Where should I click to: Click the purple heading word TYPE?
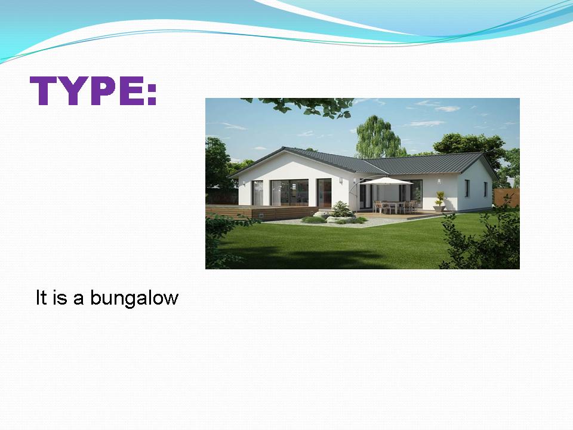[93, 91]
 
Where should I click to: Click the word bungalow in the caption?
[134, 298]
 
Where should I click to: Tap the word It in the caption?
[41, 297]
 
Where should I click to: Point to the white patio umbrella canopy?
[386, 181]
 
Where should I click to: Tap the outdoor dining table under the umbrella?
[395, 207]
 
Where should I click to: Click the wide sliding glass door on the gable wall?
[289, 193]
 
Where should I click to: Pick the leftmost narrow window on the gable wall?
[258, 193]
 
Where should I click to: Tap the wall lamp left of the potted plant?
[439, 182]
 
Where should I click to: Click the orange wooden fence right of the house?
[507, 198]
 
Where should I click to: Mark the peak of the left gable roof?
[284, 147]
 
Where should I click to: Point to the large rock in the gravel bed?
[335, 219]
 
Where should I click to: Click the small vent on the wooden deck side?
[261, 215]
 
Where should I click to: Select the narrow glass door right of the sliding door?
[324, 193]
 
